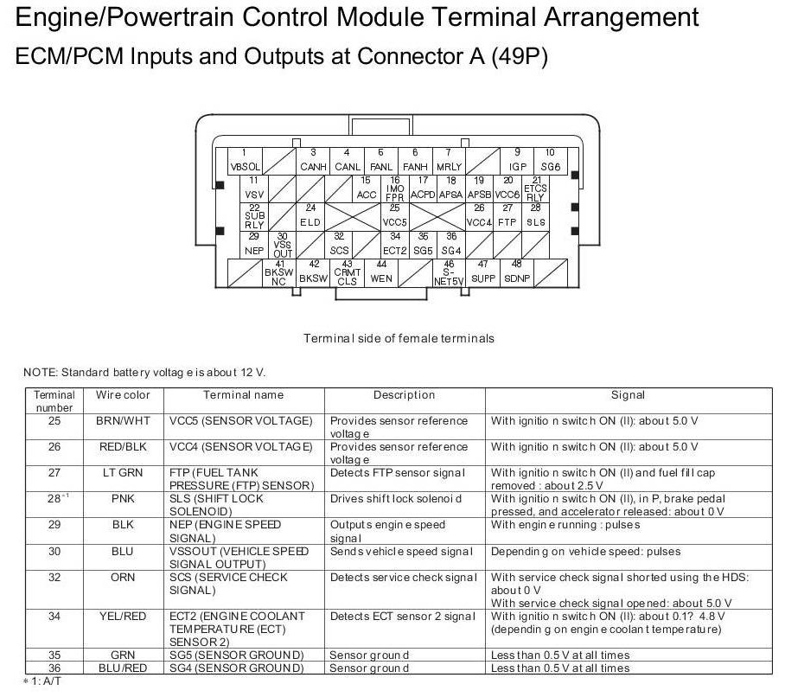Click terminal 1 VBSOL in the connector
tap(245, 160)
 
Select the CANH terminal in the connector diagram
tap(312, 160)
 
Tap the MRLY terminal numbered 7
tap(449, 160)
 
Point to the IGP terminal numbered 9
tap(517, 160)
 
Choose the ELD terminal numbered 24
tap(310, 216)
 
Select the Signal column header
tap(628, 395)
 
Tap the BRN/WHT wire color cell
tap(123, 421)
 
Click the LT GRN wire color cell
tap(123, 473)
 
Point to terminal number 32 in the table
tap(54, 577)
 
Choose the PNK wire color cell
tap(123, 499)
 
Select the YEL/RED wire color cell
tap(123, 617)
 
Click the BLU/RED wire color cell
tap(123, 668)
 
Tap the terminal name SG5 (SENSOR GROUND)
tap(236, 655)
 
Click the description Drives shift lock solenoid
tap(396, 499)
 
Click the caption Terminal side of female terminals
tap(399, 338)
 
